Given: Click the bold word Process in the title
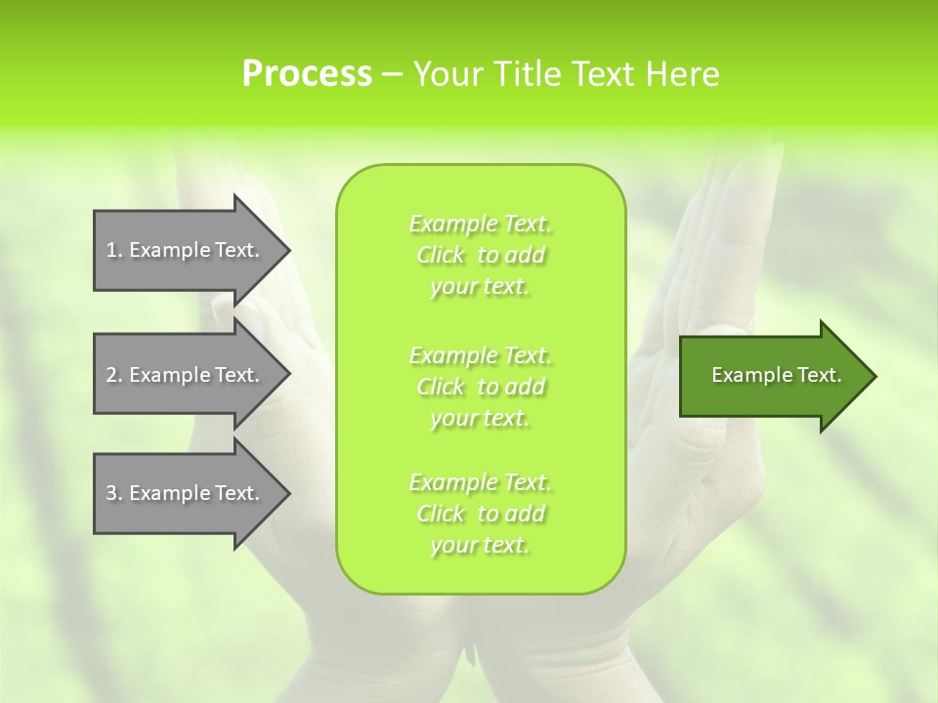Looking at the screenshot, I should (x=307, y=74).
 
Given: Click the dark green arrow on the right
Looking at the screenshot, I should (x=772, y=376).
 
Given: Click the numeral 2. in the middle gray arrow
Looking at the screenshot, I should (x=114, y=375).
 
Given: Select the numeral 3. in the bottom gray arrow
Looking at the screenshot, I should (x=114, y=493).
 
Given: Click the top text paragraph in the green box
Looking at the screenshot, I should (x=480, y=255).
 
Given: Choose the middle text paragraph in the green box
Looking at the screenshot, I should (x=480, y=387).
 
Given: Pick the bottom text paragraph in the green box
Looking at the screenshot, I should (x=480, y=514).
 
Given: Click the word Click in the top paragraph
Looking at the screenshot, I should (x=441, y=255).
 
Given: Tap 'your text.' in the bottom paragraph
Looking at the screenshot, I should (x=480, y=545).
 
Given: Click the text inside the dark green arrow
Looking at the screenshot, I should (x=776, y=375).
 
